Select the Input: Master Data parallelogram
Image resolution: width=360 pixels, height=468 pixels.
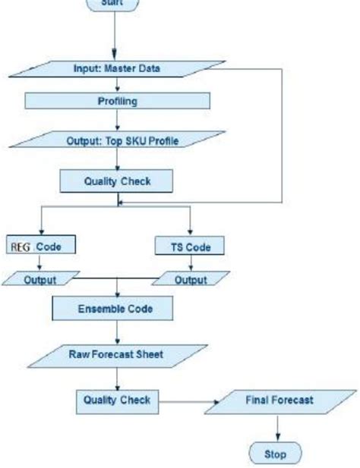click(x=115, y=68)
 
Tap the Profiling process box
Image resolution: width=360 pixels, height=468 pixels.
click(x=116, y=100)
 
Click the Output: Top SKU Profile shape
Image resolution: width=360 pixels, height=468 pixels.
click(x=116, y=140)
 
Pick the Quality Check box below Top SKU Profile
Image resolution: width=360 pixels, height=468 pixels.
click(x=116, y=181)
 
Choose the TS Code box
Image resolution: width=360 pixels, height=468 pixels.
click(x=190, y=246)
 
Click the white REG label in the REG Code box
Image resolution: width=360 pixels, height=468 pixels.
click(x=21, y=246)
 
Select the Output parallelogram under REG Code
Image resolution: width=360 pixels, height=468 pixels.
click(x=39, y=280)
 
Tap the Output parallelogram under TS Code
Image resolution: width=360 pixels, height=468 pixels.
click(x=190, y=280)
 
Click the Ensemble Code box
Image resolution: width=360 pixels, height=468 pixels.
click(x=115, y=309)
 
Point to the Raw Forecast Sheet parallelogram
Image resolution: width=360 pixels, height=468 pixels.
click(x=116, y=353)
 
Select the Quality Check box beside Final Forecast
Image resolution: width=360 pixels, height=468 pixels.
click(x=116, y=400)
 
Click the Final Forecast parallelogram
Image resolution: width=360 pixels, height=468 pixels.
click(x=279, y=400)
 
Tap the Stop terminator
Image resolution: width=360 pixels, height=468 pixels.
click(x=275, y=454)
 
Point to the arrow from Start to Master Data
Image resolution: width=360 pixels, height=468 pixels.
click(x=115, y=34)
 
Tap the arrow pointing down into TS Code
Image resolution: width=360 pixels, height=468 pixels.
click(x=190, y=224)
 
